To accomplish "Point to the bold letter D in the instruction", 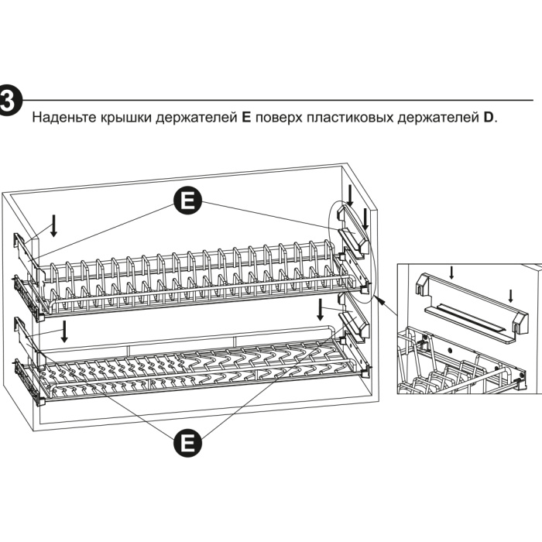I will click(488, 119).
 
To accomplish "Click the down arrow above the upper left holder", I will click(53, 226).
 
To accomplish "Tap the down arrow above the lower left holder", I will click(65, 331).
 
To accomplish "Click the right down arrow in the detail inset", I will click(510, 297).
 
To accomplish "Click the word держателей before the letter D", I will click(430, 119).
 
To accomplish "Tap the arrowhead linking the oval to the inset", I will click(379, 297).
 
